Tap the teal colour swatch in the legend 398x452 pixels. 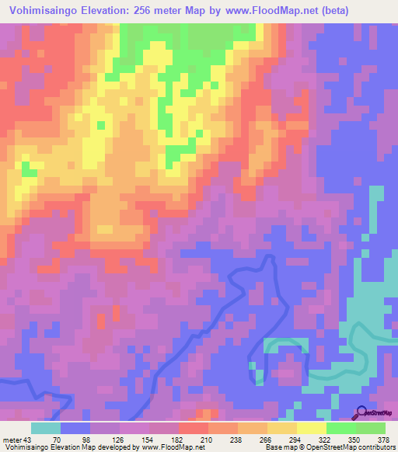pyautogui.click(x=46, y=428)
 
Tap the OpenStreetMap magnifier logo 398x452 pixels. pyautogui.click(x=361, y=412)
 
